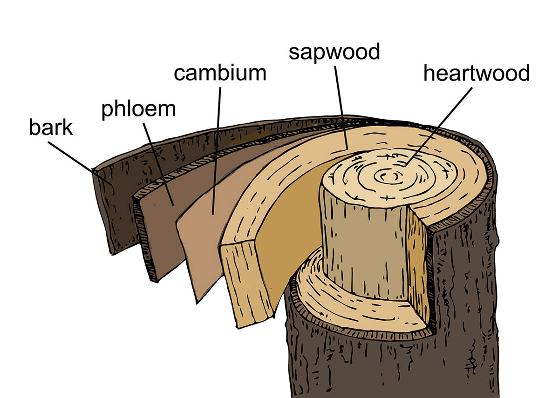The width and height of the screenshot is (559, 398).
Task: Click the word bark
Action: [51, 127]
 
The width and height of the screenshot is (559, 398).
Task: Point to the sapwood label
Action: [334, 52]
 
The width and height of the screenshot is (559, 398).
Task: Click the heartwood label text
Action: [476, 73]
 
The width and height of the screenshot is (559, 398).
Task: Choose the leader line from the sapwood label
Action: [341, 107]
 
